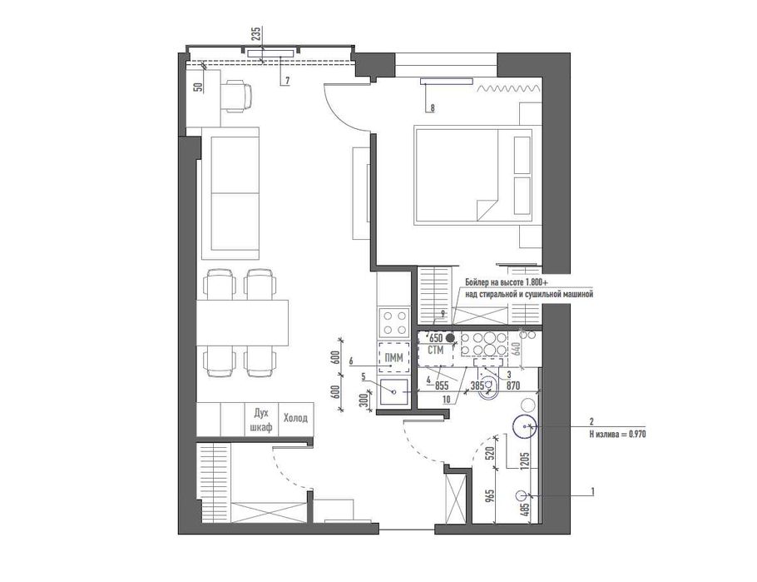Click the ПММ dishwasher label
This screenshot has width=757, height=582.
click(x=394, y=358)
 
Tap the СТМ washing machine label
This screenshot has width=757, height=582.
click(x=435, y=350)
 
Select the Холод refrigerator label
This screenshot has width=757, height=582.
click(x=295, y=418)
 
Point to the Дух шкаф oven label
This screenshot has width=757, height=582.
click(x=261, y=420)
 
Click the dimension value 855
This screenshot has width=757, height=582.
click(x=442, y=386)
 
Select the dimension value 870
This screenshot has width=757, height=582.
click(x=513, y=386)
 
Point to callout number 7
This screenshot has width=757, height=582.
click(x=287, y=81)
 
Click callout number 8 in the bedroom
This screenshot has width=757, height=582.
click(x=432, y=108)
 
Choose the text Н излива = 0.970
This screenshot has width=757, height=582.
click(x=617, y=434)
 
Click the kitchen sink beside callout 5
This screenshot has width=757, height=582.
click(x=394, y=392)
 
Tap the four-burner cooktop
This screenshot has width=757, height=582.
click(x=394, y=322)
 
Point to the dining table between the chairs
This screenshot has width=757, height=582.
click(x=242, y=322)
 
